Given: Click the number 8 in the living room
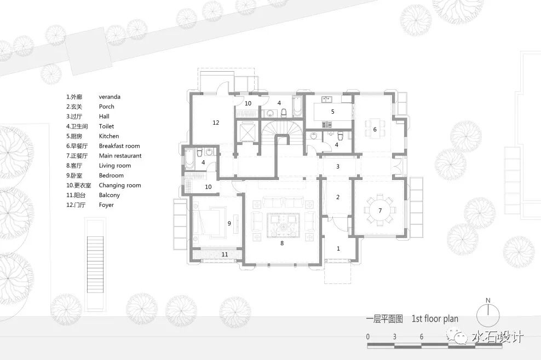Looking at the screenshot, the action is pyautogui.click(x=282, y=243).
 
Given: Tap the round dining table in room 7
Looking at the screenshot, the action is pyautogui.click(x=380, y=210).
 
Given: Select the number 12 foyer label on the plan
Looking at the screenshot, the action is pyautogui.click(x=216, y=123).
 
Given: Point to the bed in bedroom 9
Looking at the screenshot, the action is pyautogui.click(x=209, y=223).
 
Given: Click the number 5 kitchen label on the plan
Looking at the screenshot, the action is pyautogui.click(x=332, y=112).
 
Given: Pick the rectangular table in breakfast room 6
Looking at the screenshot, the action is pyautogui.click(x=375, y=129).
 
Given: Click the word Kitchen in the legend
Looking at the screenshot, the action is pyautogui.click(x=108, y=136).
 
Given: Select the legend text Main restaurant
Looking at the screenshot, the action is pyautogui.click(x=120, y=156).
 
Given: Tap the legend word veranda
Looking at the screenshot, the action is pyautogui.click(x=110, y=97).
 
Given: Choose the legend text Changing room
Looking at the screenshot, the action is pyautogui.click(x=120, y=185).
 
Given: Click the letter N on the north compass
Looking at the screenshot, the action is pyautogui.click(x=488, y=300).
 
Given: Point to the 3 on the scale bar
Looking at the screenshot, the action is pyautogui.click(x=395, y=336).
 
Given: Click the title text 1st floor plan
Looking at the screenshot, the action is pyautogui.click(x=435, y=318).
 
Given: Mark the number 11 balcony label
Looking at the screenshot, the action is pyautogui.click(x=225, y=254).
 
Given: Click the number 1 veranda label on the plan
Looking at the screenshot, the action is pyautogui.click(x=338, y=248).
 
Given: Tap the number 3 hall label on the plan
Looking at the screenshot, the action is pyautogui.click(x=338, y=166).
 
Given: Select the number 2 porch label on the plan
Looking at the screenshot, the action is pyautogui.click(x=338, y=197).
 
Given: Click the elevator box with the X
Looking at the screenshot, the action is pyautogui.click(x=247, y=132).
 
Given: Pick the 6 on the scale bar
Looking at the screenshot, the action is pyautogui.click(x=422, y=336).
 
